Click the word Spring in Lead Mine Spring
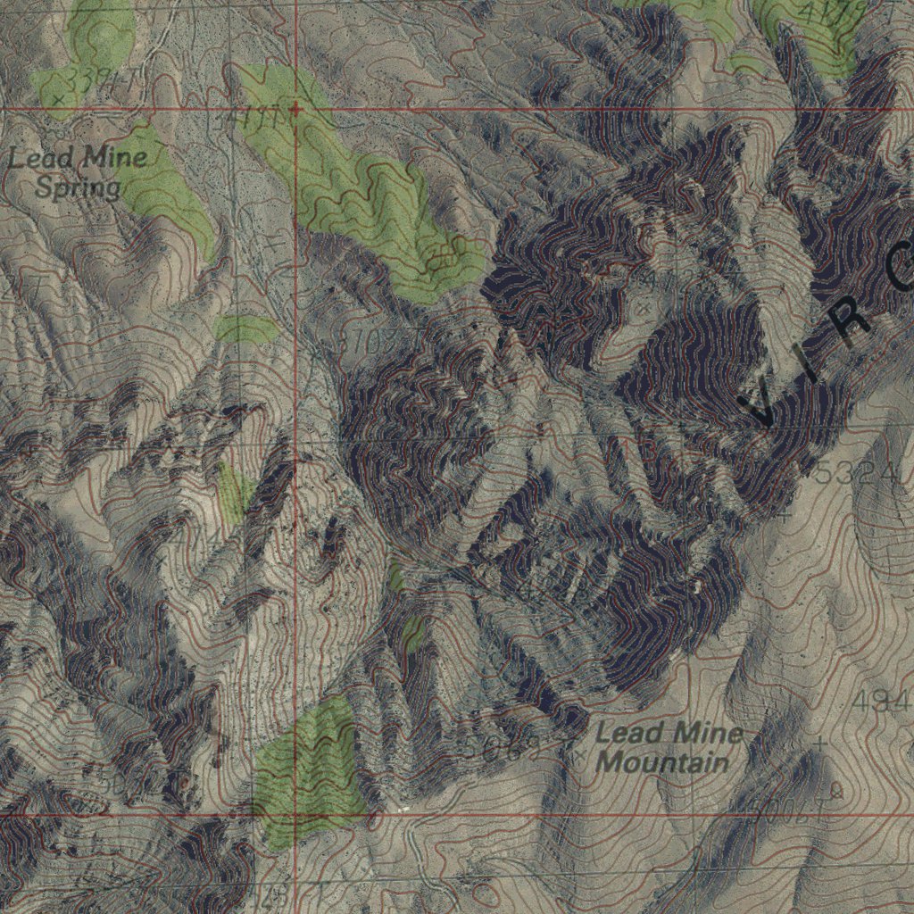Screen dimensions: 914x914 78,187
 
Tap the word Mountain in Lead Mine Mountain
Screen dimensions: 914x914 661,763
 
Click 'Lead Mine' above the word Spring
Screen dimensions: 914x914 78,160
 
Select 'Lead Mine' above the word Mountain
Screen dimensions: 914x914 669,735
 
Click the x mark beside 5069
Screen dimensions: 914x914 581,754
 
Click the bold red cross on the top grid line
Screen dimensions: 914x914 295,109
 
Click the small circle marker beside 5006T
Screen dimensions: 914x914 836,789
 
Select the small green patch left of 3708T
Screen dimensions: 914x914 246,329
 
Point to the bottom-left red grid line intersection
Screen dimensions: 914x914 295,815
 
